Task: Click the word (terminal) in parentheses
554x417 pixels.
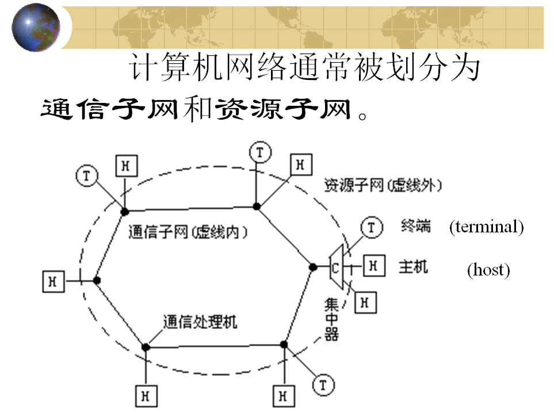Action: click(486, 227)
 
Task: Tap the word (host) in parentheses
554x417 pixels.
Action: click(488, 269)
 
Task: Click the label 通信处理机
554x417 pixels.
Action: click(200, 322)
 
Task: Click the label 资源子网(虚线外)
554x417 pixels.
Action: click(383, 185)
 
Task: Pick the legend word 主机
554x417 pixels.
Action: click(414, 267)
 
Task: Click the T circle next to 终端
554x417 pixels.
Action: click(371, 228)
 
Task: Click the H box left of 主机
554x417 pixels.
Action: click(373, 266)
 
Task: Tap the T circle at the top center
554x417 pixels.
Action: click(261, 152)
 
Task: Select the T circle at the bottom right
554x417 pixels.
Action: click(323, 385)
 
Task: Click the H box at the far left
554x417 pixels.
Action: click(53, 281)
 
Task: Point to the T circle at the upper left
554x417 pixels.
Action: click(86, 176)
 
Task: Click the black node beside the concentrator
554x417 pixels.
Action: click(313, 267)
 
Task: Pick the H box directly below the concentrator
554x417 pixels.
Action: click(364, 301)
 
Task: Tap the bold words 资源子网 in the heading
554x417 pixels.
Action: click(282, 109)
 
